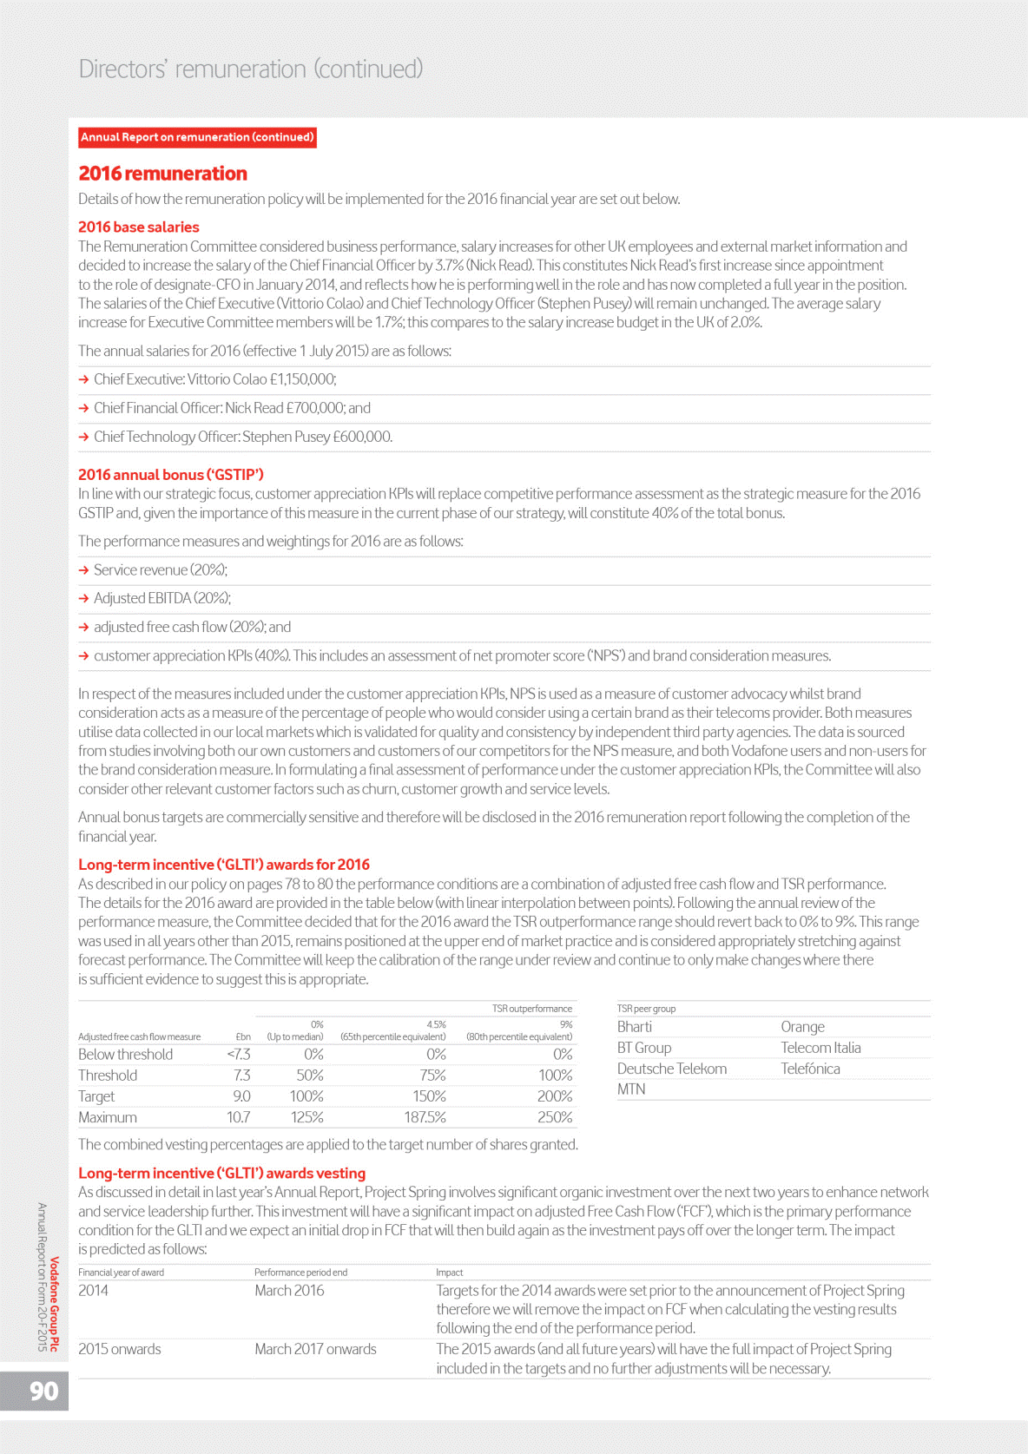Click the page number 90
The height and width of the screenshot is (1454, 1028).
pyautogui.click(x=43, y=1391)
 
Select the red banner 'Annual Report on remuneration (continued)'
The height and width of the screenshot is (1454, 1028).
pyautogui.click(x=197, y=137)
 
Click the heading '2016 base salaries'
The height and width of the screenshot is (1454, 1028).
pyautogui.click(x=139, y=227)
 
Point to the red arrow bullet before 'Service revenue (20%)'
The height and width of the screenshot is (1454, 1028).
pyautogui.click(x=84, y=570)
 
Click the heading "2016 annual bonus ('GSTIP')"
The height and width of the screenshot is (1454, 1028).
pyautogui.click(x=171, y=475)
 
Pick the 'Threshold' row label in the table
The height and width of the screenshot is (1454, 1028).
pyautogui.click(x=108, y=1076)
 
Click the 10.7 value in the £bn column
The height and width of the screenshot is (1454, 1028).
pyautogui.click(x=239, y=1117)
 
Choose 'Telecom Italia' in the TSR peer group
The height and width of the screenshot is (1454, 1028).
pyautogui.click(x=820, y=1048)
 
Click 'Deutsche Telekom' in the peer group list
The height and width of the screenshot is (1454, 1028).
pyautogui.click(x=672, y=1069)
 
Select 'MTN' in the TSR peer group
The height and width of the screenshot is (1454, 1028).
pyautogui.click(x=631, y=1089)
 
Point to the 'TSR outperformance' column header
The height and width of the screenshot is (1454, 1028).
pyautogui.click(x=531, y=1009)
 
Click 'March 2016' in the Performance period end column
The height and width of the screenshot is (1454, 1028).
pyautogui.click(x=289, y=1291)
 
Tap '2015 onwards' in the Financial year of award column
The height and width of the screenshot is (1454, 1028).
pyautogui.click(x=120, y=1349)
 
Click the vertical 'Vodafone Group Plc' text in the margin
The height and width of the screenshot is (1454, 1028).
pyautogui.click(x=55, y=1304)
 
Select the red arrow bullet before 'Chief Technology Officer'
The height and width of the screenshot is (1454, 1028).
pyautogui.click(x=84, y=437)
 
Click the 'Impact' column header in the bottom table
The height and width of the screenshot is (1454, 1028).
pyautogui.click(x=449, y=1272)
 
